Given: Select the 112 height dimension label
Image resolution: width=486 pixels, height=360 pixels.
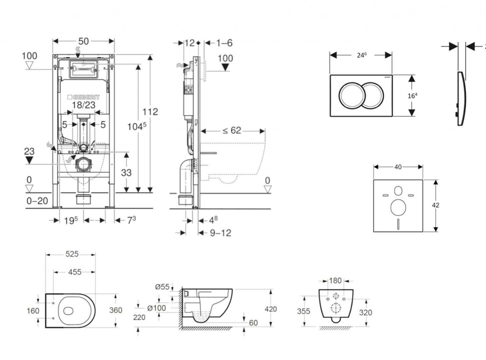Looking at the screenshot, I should click(x=150, y=112).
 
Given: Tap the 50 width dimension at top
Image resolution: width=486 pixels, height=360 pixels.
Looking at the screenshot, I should click(x=84, y=41).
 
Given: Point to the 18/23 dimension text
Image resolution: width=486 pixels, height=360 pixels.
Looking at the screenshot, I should click(x=84, y=105).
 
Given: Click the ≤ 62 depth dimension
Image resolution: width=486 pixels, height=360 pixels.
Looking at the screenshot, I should click(x=232, y=131).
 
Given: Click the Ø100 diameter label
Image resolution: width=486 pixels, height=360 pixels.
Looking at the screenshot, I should click(x=156, y=308).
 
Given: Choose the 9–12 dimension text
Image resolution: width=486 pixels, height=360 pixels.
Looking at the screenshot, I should click(x=220, y=233).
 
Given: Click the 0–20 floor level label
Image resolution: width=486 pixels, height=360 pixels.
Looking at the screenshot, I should click(x=37, y=201).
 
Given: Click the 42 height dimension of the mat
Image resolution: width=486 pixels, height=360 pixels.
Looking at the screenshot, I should click(x=435, y=205).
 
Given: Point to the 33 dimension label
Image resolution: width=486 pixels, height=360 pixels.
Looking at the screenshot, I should click(x=126, y=173).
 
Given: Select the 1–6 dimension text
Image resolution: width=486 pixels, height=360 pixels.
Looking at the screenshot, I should click(x=224, y=43).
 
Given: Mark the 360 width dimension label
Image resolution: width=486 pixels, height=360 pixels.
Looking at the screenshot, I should click(x=115, y=310).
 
